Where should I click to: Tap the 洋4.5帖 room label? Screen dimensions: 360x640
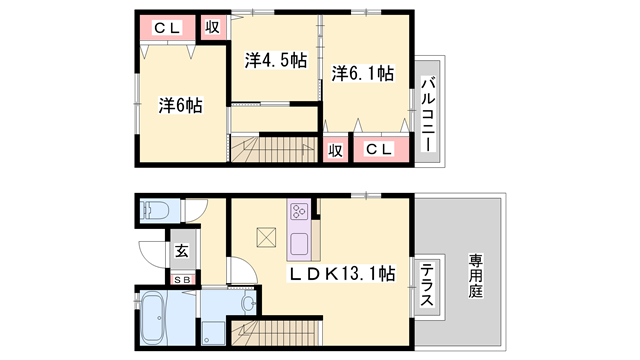[x=274, y=59]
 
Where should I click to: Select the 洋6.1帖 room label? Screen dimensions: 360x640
[x=363, y=74]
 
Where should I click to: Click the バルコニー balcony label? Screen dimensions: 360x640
[x=427, y=115]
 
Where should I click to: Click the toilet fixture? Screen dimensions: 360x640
[x=155, y=211]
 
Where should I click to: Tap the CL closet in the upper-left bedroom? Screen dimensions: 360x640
[x=164, y=28]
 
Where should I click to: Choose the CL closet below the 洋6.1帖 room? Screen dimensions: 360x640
[x=378, y=150]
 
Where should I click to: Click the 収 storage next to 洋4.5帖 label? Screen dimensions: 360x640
[x=213, y=27]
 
